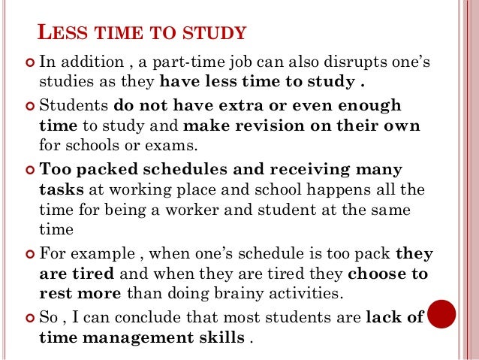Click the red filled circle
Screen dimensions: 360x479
point(441,315)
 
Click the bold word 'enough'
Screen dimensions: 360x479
point(366,105)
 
